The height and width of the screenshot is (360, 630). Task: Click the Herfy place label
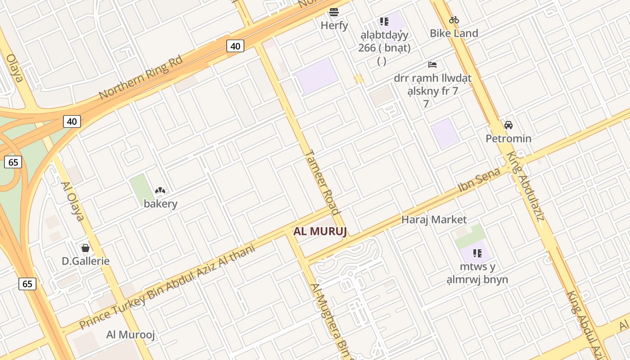[334, 26]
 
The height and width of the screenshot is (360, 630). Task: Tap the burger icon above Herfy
[334, 12]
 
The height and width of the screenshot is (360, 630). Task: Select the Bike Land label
[454, 33]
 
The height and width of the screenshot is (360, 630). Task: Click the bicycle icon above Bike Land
[454, 20]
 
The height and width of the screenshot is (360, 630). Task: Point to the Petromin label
[508, 139]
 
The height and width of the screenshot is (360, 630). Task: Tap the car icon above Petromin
[508, 125]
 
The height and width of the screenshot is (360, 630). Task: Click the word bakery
[161, 204]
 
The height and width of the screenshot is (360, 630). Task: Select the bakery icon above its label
[160, 190]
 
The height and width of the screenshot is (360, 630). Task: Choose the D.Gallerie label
[85, 261]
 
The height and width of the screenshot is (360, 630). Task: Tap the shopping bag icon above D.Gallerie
[85, 248]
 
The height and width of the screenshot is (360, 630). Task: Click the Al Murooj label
[130, 335]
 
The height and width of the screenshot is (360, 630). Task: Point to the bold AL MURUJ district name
[320, 232]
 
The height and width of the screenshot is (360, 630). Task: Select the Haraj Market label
[434, 220]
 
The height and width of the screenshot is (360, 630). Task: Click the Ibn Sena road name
[479, 180]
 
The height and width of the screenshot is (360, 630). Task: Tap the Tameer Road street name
[322, 181]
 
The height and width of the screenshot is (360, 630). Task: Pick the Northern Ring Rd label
[140, 77]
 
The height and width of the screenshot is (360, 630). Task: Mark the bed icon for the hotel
[432, 65]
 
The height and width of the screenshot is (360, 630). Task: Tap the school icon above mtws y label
[477, 253]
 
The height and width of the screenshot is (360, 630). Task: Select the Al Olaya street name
[72, 201]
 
